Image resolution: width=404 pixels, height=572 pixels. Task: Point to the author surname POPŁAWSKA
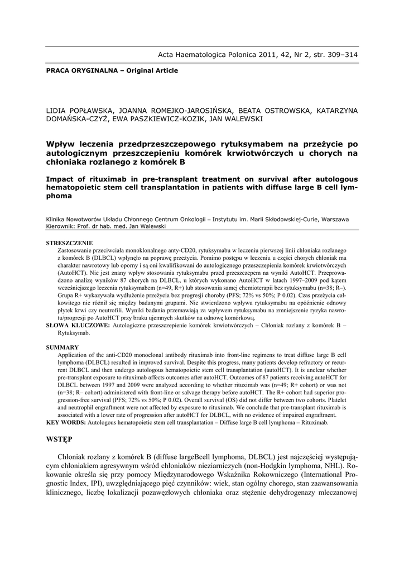92,110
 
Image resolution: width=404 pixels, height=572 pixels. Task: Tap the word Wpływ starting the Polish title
61,144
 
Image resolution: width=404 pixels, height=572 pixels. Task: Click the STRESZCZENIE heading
69,243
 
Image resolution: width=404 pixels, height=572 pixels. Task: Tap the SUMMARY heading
62,347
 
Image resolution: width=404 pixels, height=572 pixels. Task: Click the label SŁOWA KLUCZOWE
78,325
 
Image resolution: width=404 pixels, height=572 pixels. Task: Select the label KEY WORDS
66,422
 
